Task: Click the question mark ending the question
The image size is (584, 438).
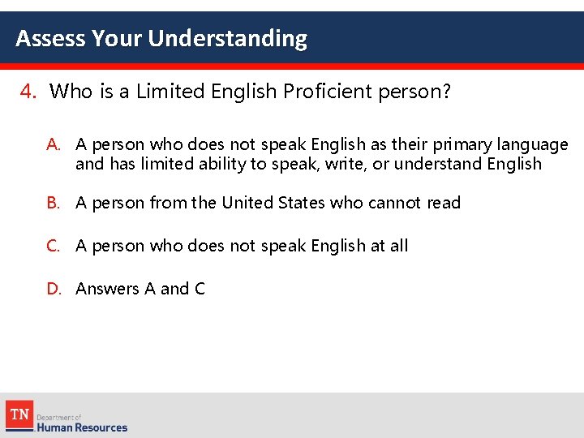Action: click(x=445, y=92)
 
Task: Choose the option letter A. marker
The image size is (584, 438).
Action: click(x=54, y=144)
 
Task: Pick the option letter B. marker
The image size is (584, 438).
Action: click(x=54, y=203)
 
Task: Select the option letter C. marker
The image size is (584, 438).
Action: click(x=54, y=246)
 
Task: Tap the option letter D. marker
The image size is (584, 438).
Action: click(x=54, y=289)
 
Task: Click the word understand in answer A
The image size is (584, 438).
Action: click(x=439, y=164)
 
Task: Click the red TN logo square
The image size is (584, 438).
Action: click(x=19, y=415)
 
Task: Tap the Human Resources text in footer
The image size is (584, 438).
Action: click(x=83, y=427)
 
